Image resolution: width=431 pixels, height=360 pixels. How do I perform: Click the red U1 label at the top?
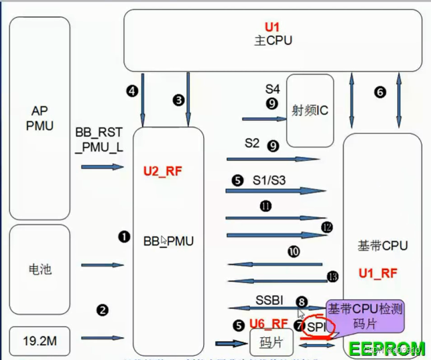tap(271, 27)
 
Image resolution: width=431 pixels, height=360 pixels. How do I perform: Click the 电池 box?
tap(40, 269)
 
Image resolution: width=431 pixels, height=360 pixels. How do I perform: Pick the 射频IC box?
tap(310, 109)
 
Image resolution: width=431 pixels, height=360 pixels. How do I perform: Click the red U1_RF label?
tap(379, 273)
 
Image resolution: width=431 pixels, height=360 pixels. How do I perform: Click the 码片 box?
tap(267, 344)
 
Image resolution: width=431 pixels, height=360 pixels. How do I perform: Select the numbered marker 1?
tap(123, 236)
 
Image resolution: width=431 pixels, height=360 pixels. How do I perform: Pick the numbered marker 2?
tap(102, 310)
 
